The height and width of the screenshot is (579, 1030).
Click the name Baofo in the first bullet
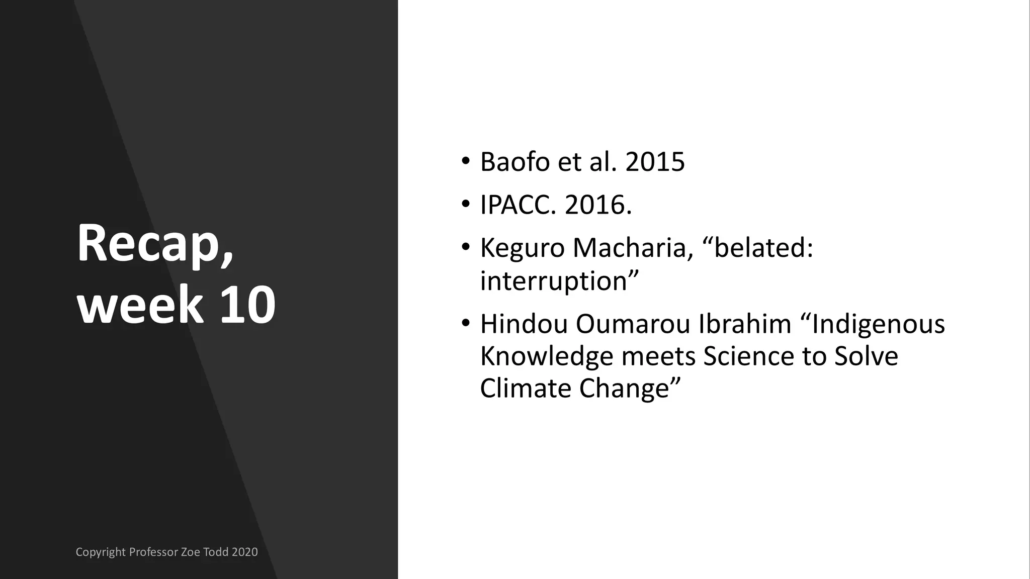coord(515,162)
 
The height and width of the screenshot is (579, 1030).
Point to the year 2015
coord(655,162)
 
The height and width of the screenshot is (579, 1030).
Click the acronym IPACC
coord(518,205)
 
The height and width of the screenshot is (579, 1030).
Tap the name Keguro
coord(523,248)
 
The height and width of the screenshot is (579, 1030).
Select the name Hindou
coord(524,324)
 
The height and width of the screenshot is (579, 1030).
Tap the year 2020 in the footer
coord(244,552)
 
